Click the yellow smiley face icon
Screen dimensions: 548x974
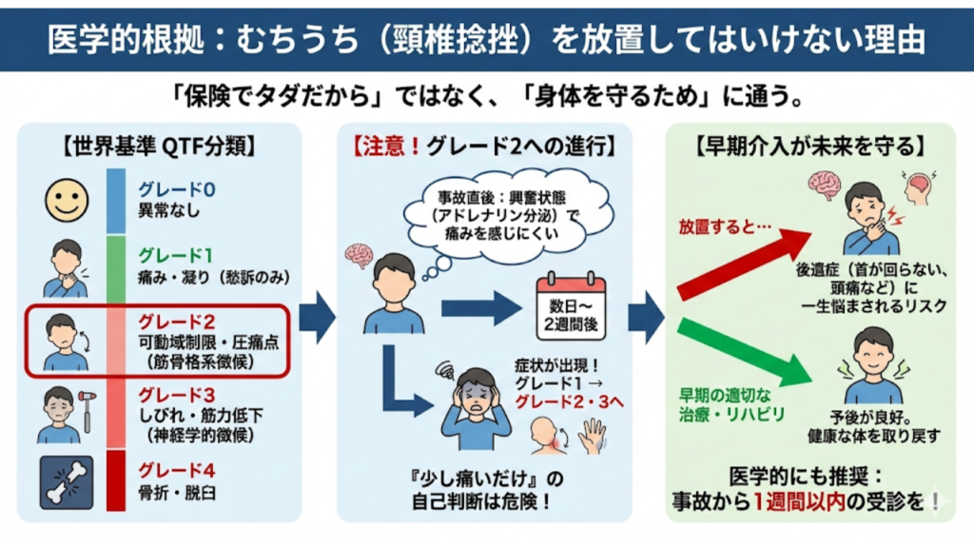point(66,199)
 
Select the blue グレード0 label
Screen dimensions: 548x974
point(177,189)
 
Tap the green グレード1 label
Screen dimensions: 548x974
point(177,254)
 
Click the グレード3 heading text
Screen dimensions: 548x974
point(177,394)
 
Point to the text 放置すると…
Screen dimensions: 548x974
point(718,228)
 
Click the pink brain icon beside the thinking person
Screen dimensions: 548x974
point(360,254)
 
